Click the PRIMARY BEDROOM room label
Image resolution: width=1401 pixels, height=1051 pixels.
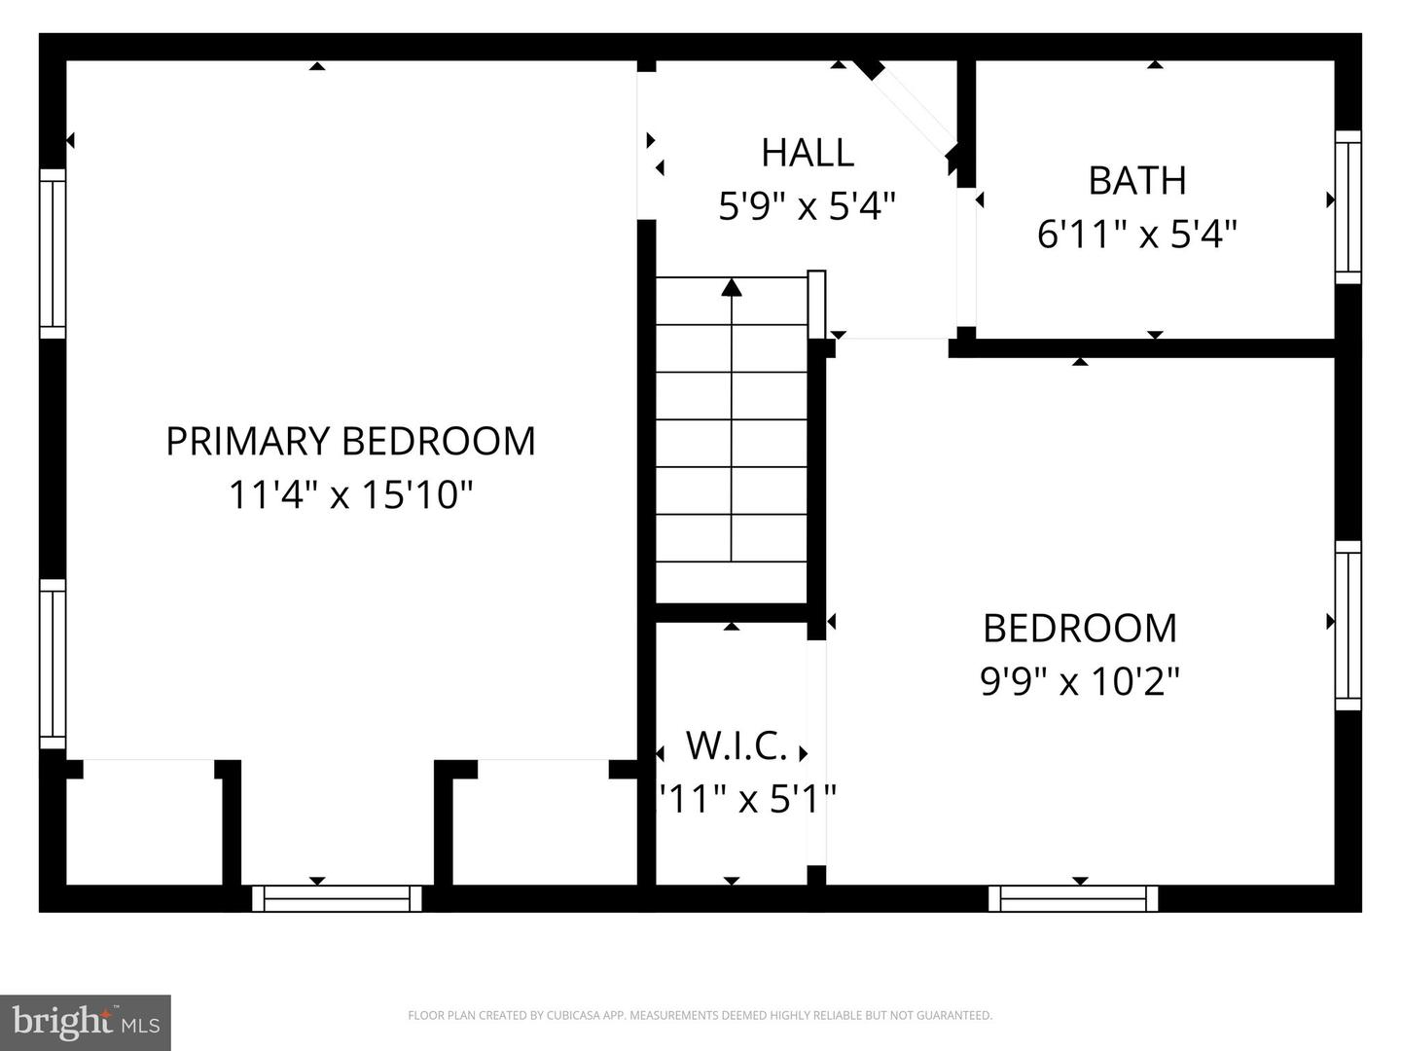point(350,441)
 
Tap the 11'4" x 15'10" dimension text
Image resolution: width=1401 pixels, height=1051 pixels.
point(350,494)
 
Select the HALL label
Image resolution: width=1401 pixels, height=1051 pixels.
point(808,153)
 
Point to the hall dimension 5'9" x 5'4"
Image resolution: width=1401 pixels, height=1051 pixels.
point(807,206)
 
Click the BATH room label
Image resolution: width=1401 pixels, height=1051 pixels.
point(1136,181)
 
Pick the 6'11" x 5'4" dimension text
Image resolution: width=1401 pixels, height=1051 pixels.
point(1136,235)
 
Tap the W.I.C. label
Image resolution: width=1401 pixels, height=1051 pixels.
point(736,746)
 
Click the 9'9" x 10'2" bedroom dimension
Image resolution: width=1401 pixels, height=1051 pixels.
point(1079,681)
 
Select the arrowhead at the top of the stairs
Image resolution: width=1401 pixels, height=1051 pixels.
point(732,287)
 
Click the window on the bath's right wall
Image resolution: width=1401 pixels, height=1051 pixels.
point(1347,206)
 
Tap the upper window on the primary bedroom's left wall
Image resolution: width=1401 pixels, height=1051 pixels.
point(53,253)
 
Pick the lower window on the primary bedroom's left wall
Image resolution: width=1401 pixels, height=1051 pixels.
point(53,664)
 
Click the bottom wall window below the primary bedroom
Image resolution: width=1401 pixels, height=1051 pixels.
point(337,898)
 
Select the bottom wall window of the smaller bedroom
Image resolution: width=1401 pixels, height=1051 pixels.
point(1073,898)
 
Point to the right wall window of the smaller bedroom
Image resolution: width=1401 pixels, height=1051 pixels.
point(1347,626)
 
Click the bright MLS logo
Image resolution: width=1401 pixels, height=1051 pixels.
point(86,1022)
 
